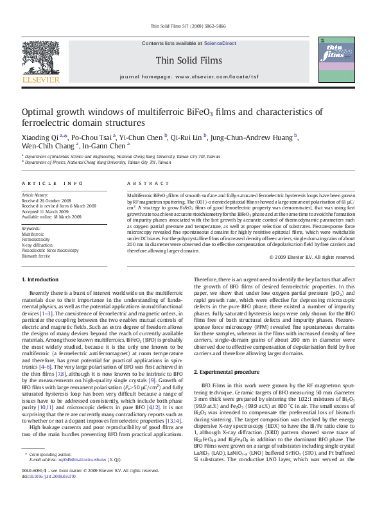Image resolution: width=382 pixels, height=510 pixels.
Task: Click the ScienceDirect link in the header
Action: (220, 43)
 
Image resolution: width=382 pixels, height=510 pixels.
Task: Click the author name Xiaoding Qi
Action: (40, 137)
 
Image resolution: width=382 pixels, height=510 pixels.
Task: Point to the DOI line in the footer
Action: (48, 495)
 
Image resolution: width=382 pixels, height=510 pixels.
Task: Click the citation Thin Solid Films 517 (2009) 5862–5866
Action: (191, 26)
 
